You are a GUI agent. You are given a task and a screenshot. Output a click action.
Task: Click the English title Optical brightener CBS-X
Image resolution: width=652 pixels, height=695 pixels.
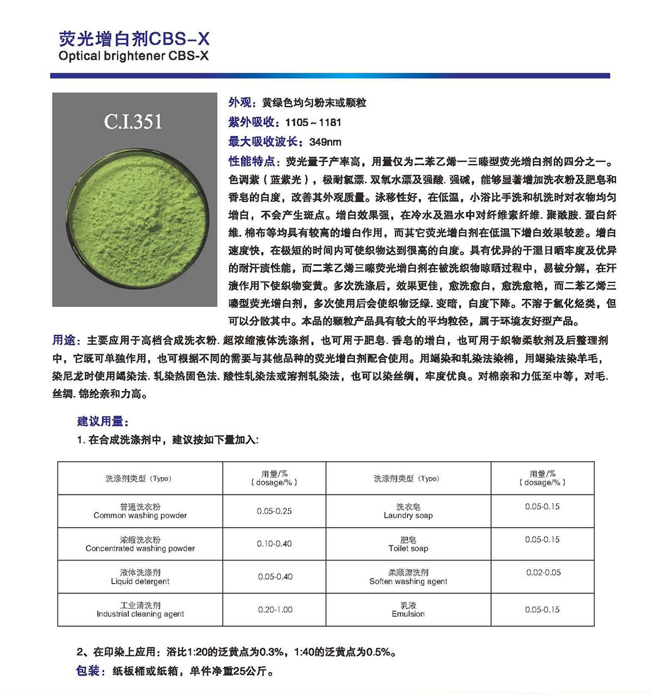coord(133,56)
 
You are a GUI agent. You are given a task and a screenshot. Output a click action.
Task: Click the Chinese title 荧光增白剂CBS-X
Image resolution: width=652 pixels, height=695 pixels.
coord(134,39)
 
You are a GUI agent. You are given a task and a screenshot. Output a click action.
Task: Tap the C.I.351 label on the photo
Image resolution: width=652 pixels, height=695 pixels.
coord(133,122)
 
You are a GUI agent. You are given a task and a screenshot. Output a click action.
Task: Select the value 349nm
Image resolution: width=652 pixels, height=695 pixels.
coord(325,142)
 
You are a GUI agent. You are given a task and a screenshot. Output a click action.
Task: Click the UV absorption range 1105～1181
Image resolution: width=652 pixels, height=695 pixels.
coord(313,123)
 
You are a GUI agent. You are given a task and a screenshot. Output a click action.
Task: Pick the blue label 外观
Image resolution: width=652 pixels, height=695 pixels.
coord(240,103)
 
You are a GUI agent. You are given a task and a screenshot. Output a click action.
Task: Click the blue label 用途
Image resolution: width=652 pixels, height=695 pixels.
coord(64,341)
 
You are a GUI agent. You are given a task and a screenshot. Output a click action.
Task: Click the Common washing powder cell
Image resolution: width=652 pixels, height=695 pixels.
coord(140,511)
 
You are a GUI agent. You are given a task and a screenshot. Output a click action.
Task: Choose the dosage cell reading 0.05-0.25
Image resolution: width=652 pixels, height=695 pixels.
coord(274,511)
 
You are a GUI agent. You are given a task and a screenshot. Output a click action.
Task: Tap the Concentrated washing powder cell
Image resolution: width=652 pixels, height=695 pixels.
coord(140,544)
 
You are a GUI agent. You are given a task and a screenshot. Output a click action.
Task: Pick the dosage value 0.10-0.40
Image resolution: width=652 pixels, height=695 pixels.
coord(274,544)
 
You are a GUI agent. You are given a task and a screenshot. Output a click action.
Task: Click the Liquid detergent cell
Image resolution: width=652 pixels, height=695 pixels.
coord(140,577)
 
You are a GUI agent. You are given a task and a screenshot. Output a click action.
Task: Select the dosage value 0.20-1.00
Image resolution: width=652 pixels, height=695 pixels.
coord(275,610)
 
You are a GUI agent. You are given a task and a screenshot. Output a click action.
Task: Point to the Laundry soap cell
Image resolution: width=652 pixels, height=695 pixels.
coord(408,511)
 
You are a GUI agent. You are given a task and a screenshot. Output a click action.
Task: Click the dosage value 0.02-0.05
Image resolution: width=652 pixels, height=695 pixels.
coord(543,573)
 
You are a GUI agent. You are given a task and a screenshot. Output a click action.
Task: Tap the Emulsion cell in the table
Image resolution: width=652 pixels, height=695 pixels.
coord(408,610)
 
